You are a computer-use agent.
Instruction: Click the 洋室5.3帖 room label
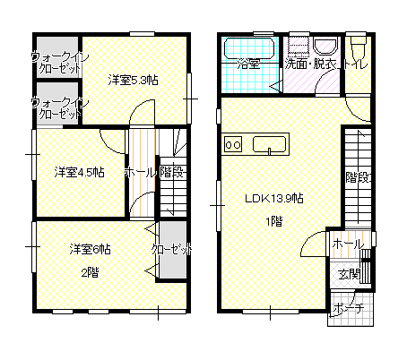[x=133, y=81]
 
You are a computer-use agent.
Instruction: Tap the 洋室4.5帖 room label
[x=80, y=172]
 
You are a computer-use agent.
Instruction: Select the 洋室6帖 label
[x=91, y=249]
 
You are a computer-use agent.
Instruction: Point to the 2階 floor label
[x=91, y=272]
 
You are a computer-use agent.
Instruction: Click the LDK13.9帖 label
[x=274, y=198]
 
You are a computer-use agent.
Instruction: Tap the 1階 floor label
[x=274, y=221]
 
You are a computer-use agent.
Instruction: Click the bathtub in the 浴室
[x=249, y=47]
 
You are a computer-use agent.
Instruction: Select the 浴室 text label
[x=248, y=64]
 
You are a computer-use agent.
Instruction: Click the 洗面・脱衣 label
[x=310, y=64]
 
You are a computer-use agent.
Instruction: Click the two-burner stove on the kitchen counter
[x=233, y=145]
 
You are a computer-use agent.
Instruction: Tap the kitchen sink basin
[x=270, y=145]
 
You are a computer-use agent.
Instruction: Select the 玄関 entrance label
[x=349, y=274]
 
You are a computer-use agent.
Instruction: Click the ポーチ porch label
[x=349, y=308]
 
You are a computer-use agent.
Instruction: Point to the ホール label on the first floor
[x=348, y=244]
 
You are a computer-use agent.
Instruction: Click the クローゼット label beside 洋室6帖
[x=171, y=249]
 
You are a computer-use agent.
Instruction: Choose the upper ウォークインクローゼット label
[x=59, y=63]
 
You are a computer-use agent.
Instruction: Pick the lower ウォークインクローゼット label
[x=59, y=108]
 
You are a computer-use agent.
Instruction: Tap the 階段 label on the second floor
[x=171, y=172]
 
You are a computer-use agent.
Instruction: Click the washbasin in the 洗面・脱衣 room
[x=325, y=46]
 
